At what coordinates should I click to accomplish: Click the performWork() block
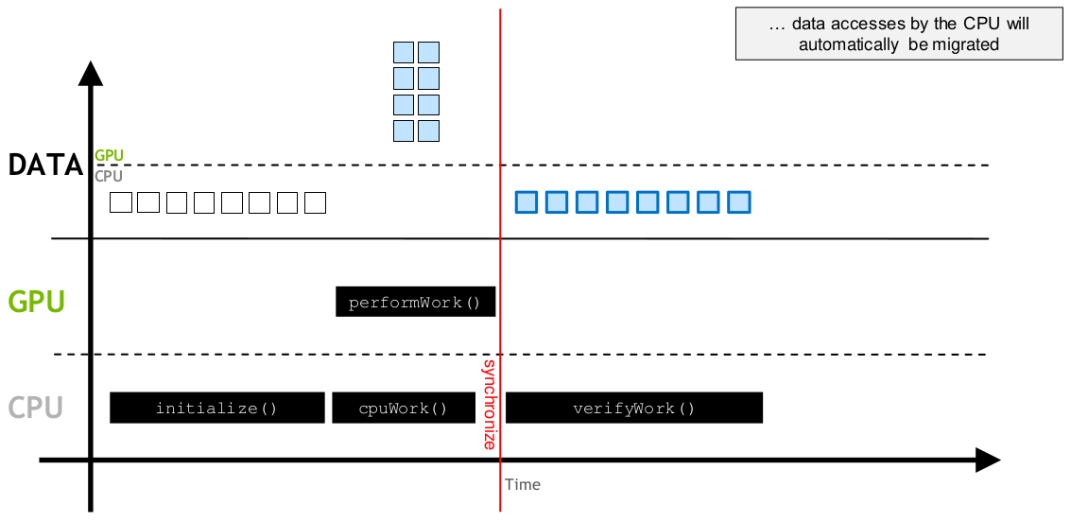pos(415,302)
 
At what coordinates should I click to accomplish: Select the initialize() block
pos(217,408)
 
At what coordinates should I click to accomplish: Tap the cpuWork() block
pos(404,408)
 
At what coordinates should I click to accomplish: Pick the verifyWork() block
pos(634,408)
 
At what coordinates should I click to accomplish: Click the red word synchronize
pos(489,404)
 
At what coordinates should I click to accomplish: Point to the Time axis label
pos(523,485)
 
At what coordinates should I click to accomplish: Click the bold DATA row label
pos(45,165)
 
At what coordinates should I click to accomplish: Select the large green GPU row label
pos(36,302)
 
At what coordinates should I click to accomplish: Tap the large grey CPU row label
pos(36,408)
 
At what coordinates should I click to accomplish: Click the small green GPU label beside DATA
pos(110,156)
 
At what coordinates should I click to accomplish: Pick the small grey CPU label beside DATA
pos(110,176)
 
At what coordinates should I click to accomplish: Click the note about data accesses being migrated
pos(899,34)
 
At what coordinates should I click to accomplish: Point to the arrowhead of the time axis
pos(988,460)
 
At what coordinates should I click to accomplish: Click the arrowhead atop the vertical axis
pos(90,73)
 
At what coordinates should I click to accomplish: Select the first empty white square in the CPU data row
pos(121,203)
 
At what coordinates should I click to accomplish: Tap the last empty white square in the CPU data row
pos(315,203)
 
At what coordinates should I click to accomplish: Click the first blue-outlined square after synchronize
pos(527,202)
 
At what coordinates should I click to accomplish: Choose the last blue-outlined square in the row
pos(739,202)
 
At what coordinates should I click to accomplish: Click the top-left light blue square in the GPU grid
pos(404,53)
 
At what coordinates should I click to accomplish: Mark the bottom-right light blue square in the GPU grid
pos(428,130)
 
